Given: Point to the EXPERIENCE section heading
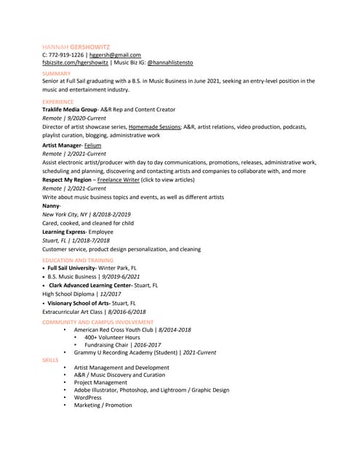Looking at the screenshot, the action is tap(58, 102).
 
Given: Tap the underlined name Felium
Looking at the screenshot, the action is tap(92, 145).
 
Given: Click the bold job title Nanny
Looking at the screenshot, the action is tap(51, 206).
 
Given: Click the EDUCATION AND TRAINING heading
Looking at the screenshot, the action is tap(78, 259).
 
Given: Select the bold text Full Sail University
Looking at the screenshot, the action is tap(72, 267).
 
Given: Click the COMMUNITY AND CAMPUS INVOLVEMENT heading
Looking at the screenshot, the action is tap(97, 321).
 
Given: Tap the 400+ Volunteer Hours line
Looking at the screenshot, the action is tap(112, 337).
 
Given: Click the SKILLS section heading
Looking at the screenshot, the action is tap(50, 359).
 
